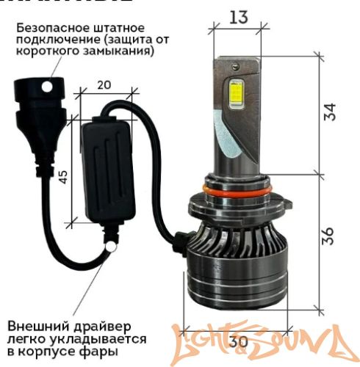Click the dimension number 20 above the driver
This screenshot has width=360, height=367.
(104, 84)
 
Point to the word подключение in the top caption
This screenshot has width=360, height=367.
(52, 38)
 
